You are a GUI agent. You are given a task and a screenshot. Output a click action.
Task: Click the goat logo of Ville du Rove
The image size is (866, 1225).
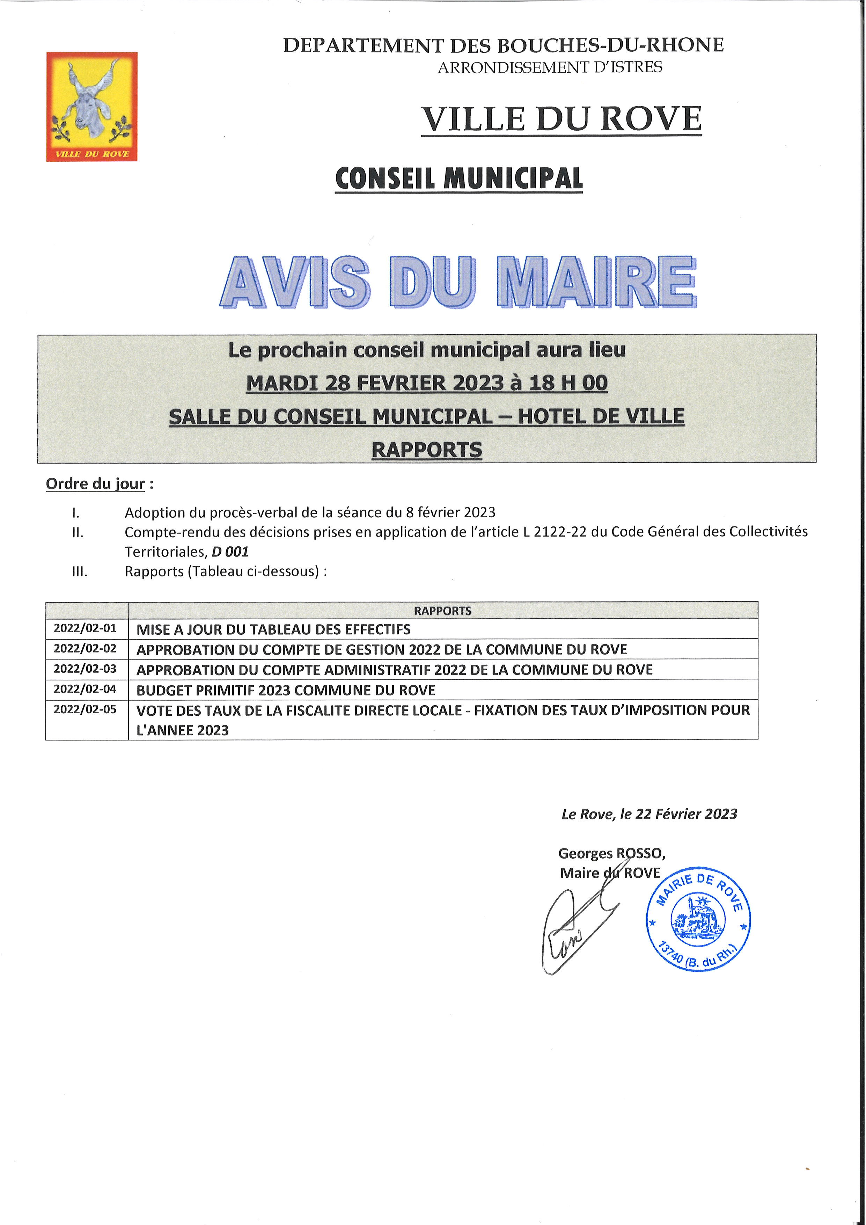(x=92, y=106)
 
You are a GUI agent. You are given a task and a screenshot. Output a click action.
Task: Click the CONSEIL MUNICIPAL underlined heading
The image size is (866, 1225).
(x=458, y=179)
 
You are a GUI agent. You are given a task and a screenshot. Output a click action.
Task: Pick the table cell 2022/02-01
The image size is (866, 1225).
(x=85, y=628)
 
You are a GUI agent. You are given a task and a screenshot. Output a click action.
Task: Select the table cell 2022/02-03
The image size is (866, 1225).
(x=85, y=669)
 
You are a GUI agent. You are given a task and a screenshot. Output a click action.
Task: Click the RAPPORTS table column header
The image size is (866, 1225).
(x=442, y=610)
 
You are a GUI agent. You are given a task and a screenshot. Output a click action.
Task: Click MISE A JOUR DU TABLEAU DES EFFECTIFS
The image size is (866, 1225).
(x=273, y=629)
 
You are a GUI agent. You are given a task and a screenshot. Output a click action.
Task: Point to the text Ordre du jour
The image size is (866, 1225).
(x=95, y=483)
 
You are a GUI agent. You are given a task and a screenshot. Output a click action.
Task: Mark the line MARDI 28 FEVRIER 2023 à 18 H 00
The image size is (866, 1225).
(x=427, y=383)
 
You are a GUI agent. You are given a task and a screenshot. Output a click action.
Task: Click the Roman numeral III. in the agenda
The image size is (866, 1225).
(x=80, y=571)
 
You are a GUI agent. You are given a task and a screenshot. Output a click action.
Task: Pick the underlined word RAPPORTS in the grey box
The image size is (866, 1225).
(x=427, y=450)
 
